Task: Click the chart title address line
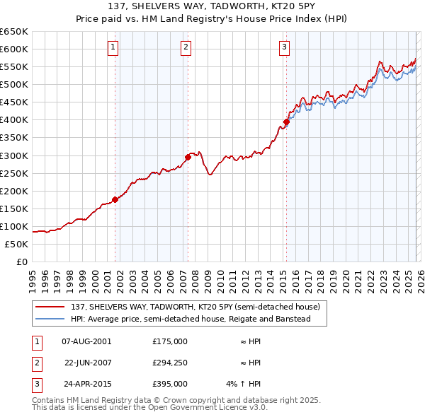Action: click(212, 5)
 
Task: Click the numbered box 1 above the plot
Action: click(113, 47)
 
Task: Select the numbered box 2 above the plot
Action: click(186, 47)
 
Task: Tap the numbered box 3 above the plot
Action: click(284, 47)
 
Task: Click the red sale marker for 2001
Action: click(115, 199)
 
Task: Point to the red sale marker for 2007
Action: click(188, 157)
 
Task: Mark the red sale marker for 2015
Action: click(286, 122)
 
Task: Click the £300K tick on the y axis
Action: click(14, 155)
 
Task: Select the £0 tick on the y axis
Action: click(21, 262)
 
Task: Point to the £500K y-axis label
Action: click(14, 84)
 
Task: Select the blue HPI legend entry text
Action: click(191, 319)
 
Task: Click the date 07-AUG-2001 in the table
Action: click(86, 341)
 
